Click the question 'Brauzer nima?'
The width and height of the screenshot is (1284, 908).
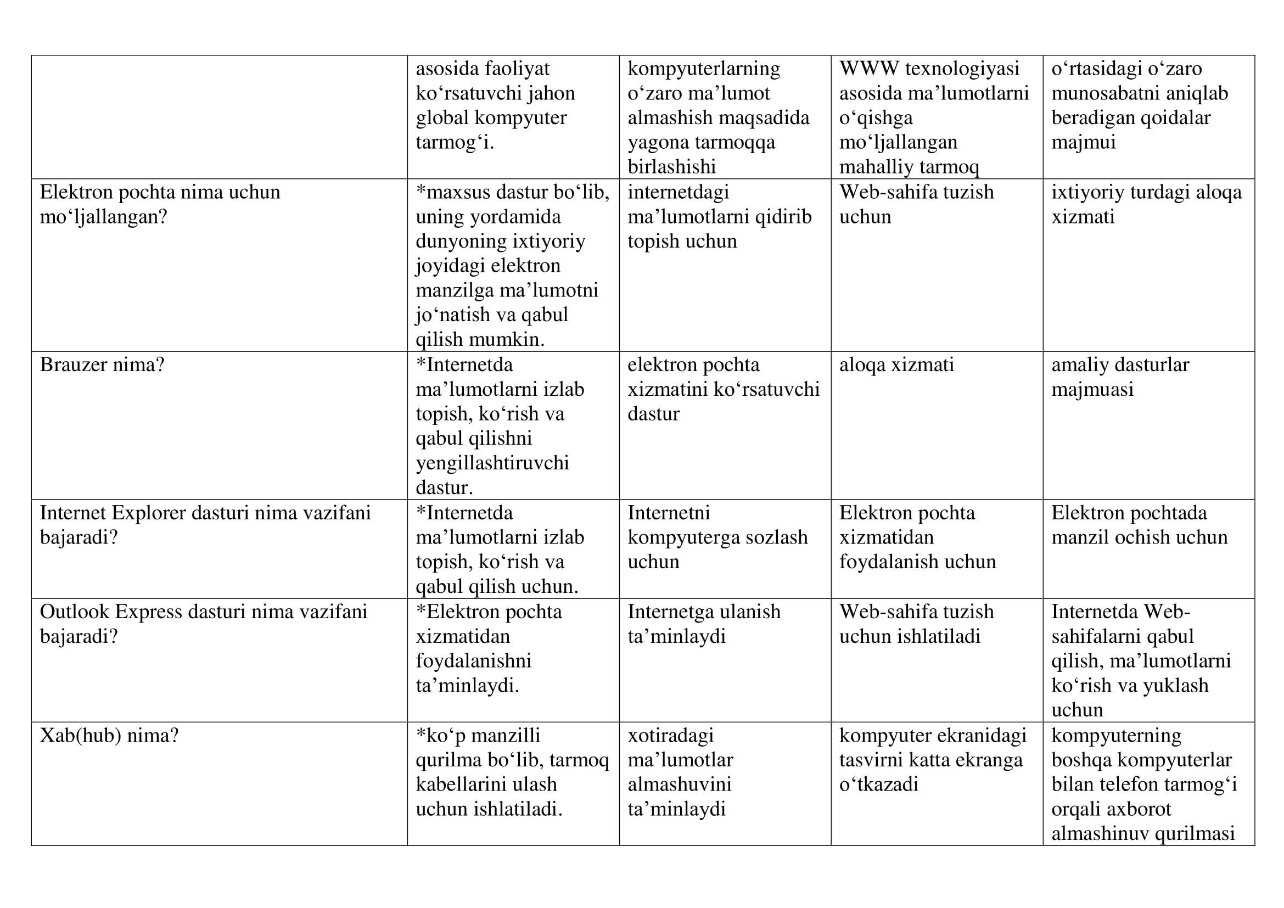coord(102,365)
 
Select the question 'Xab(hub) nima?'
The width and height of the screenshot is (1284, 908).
coord(109,735)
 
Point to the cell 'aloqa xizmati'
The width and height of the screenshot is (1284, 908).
coord(896,365)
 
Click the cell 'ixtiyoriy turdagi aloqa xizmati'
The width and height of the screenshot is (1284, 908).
coord(1146,204)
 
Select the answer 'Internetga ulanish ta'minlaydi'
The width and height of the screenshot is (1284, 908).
coord(704,624)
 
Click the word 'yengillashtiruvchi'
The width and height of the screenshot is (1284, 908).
coord(492,463)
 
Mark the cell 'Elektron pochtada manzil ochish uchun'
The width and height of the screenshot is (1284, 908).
coord(1139,525)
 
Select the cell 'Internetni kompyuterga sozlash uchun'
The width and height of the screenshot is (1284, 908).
coord(717,537)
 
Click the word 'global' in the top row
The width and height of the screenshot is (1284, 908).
coord(442,118)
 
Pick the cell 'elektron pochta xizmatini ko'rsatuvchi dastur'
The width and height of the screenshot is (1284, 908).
coord(722,389)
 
